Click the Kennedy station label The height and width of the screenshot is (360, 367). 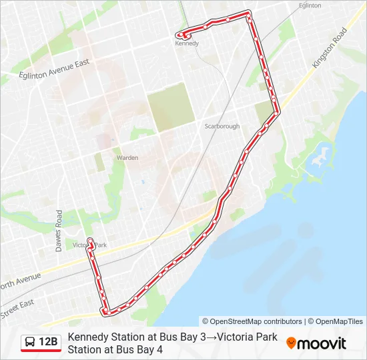pos(187,43)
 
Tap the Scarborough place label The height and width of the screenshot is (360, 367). pos(221,126)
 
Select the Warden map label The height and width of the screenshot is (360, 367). pos(127,158)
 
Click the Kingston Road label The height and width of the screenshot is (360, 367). pos(330,47)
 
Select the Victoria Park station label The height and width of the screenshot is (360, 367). pos(89,245)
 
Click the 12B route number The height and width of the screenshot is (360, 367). pos(48,343)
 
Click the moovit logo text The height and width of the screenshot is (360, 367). pos(322,343)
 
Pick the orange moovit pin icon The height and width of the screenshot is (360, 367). pos(291,343)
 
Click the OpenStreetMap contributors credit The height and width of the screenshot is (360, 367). pos(252,321)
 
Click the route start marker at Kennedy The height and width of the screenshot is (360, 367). pos(179,35)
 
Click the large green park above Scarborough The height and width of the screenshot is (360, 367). pos(171,107)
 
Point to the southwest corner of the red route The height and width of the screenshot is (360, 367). pos(105,311)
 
